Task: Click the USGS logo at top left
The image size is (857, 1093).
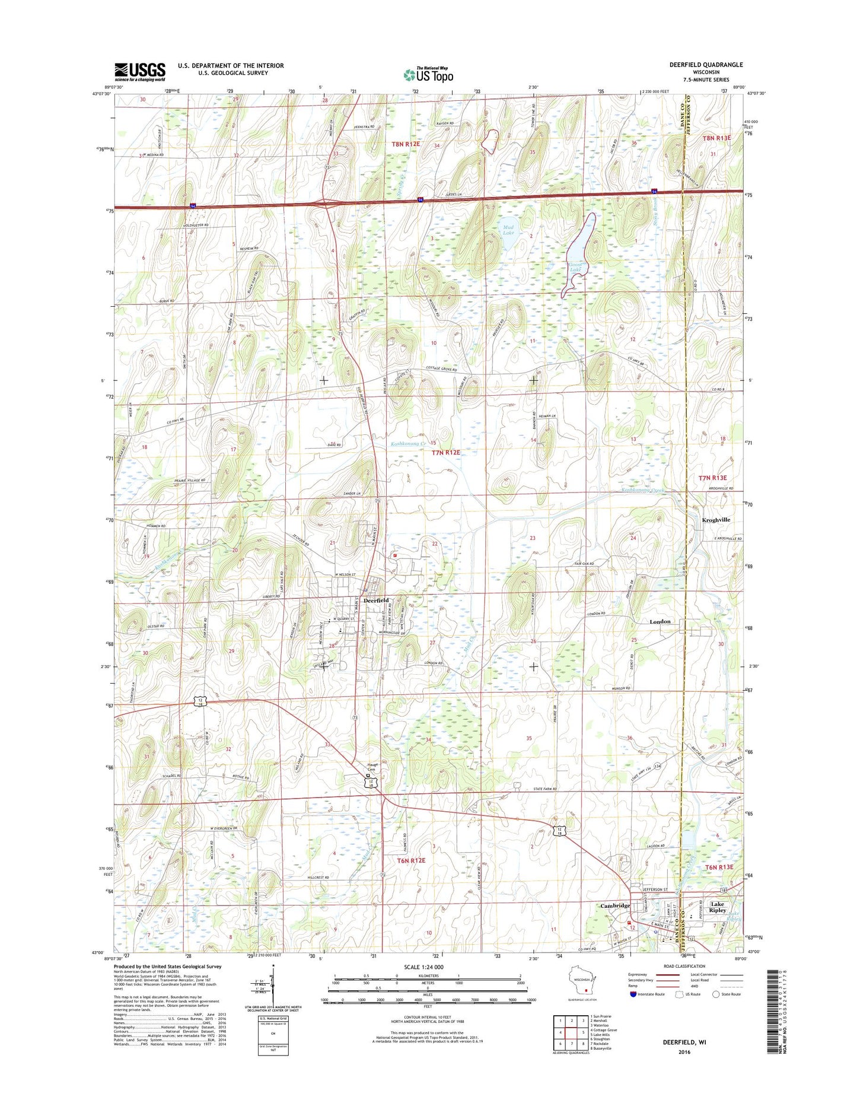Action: (139, 71)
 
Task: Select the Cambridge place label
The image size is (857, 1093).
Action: (615, 905)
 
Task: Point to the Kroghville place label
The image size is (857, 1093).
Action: (716, 519)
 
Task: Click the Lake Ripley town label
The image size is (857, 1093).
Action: (718, 907)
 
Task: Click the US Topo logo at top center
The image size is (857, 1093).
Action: (428, 75)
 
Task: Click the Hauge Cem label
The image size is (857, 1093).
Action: (368, 767)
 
